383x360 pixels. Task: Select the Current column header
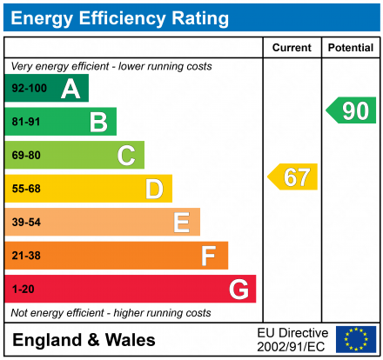[x=292, y=48]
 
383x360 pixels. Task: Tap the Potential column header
[x=351, y=48]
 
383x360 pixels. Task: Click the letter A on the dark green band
[x=71, y=89]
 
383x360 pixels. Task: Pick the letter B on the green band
[x=98, y=122]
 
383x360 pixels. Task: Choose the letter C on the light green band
[x=126, y=156]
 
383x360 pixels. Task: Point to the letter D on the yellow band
[x=154, y=189]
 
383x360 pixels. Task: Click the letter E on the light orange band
[x=181, y=223]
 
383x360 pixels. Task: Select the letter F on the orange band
[x=209, y=256]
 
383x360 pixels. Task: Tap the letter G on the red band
[x=238, y=289]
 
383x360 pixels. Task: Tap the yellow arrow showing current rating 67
[x=293, y=177]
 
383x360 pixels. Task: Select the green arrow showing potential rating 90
[x=352, y=110]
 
